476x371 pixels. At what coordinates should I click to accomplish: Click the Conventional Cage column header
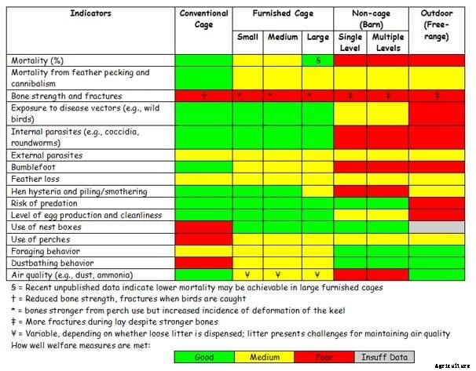[204, 19]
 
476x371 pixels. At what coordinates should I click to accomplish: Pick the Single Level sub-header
[350, 42]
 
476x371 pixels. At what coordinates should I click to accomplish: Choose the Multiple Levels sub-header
[388, 42]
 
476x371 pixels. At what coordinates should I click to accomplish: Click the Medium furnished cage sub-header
[283, 37]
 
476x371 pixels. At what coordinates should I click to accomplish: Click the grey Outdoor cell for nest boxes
[437, 227]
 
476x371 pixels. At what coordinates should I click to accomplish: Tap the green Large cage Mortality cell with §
[317, 60]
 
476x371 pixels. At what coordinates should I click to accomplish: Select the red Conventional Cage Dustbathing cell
[204, 263]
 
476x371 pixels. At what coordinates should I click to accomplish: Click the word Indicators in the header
[90, 13]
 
